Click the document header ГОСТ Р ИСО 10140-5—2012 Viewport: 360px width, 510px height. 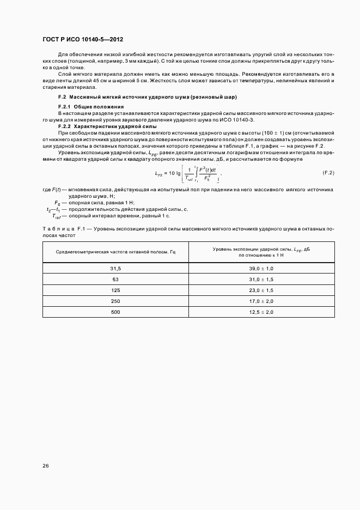[80, 40]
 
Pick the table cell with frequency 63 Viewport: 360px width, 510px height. [115, 280]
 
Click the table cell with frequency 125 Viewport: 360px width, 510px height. [115, 290]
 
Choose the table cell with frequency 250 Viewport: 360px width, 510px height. [115, 301]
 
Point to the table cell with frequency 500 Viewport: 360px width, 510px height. [115, 312]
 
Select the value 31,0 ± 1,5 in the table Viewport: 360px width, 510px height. [261, 280]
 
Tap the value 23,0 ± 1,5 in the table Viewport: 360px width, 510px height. [261, 290]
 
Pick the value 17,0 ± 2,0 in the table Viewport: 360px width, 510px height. [261, 301]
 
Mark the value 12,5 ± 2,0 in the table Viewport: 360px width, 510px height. [261, 312]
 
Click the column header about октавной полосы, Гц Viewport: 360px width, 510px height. [115, 252]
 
